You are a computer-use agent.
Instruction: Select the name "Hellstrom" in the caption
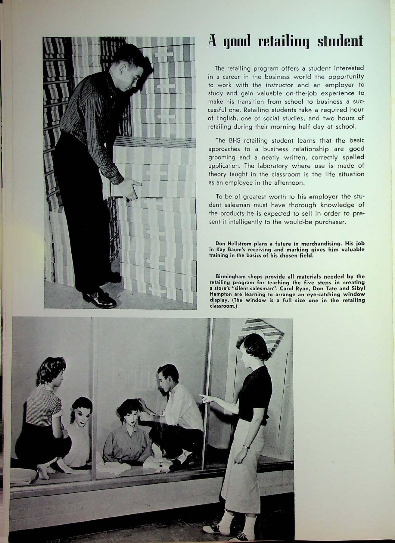(x=240, y=243)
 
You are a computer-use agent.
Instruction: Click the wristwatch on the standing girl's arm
(x=246, y=445)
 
